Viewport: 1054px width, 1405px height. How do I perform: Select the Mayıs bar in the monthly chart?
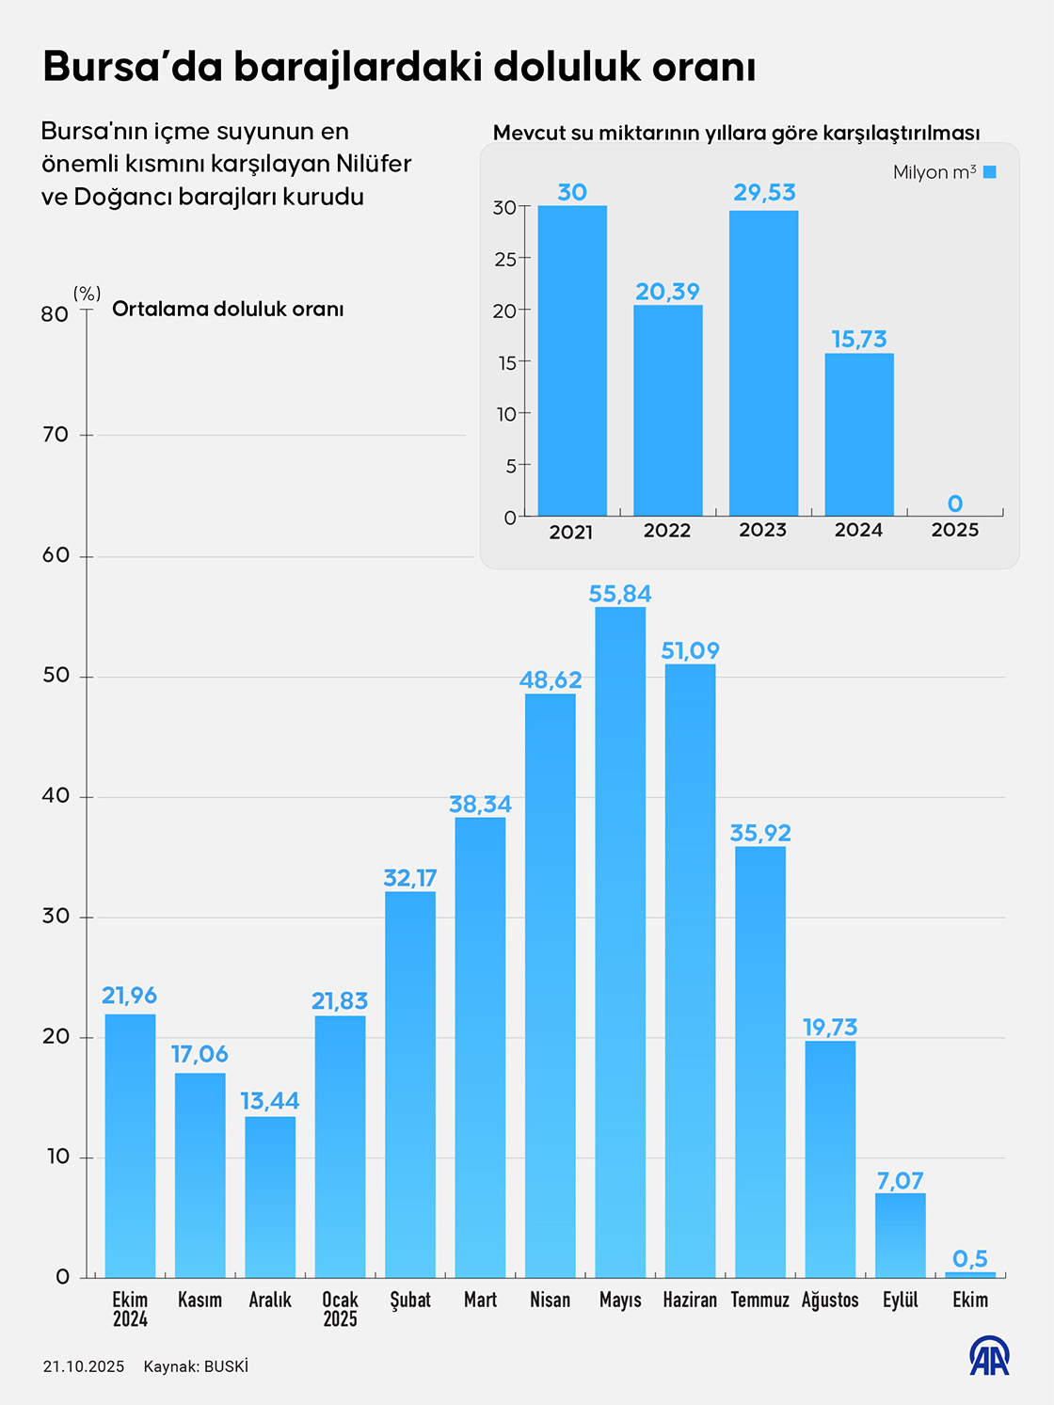coord(620,941)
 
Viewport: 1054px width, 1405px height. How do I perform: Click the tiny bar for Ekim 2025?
coord(970,1274)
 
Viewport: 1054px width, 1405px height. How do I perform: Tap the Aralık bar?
coord(270,1196)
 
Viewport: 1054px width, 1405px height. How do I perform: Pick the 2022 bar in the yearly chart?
coord(667,410)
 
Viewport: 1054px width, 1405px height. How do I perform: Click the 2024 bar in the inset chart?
coord(859,434)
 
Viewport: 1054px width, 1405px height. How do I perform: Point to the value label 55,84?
coord(620,594)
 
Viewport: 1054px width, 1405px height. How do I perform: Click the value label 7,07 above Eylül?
coord(900,1180)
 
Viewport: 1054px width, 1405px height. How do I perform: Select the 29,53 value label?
coord(764,193)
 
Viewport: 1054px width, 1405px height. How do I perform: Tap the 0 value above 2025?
coord(955,503)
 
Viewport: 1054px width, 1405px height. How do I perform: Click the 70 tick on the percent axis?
coord(56,435)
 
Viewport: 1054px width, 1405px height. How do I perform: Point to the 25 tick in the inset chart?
coord(505,259)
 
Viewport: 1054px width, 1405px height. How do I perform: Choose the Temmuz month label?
coord(759,1300)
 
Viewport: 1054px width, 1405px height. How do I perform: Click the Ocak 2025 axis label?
coord(340,1309)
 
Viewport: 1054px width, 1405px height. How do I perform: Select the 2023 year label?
coord(763,530)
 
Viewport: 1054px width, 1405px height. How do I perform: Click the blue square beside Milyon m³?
coord(989,172)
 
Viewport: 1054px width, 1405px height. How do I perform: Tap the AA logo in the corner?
coord(989,1356)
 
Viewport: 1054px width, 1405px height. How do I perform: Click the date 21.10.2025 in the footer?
coord(84,1366)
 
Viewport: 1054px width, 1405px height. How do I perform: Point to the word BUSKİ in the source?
coord(226,1366)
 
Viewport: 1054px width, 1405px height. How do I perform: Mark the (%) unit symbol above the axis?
coord(87,294)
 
